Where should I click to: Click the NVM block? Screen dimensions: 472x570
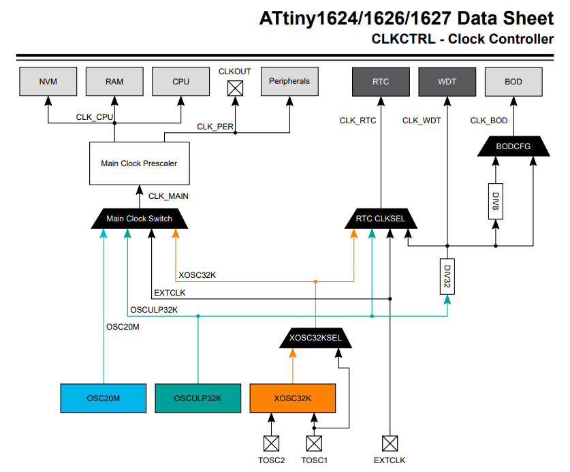[x=48, y=82]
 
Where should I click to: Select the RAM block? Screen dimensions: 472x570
[x=114, y=82]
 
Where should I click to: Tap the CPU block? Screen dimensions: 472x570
[x=180, y=82]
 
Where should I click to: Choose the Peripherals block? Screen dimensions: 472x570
[x=289, y=82]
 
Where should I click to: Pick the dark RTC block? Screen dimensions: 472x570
[x=381, y=82]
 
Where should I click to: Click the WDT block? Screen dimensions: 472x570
[x=447, y=82]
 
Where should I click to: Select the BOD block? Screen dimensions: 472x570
[x=513, y=82]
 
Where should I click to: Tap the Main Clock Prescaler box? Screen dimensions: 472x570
[x=139, y=163]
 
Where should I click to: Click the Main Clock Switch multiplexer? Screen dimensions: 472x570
[x=139, y=219]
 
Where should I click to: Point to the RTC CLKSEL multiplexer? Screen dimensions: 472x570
[x=380, y=219]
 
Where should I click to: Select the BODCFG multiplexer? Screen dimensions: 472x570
[x=513, y=146]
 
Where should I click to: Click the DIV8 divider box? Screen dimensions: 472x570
[x=496, y=202]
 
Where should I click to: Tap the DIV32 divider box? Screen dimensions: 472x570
[x=447, y=277]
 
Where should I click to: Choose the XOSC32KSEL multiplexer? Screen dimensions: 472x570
[x=315, y=339]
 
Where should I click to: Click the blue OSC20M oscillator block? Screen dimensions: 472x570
[x=103, y=398]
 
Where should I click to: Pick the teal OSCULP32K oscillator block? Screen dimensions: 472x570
[x=197, y=398]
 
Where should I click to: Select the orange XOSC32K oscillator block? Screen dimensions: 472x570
[x=293, y=398]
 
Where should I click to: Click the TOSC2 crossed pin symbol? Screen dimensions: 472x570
[x=271, y=444]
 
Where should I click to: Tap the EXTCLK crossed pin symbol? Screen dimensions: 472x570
[x=390, y=444]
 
